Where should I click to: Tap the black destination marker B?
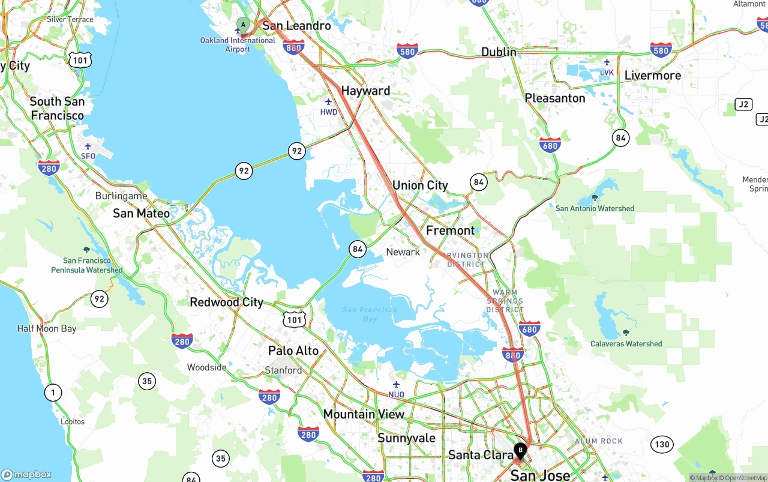[x=520, y=450]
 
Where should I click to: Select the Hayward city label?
[x=365, y=91]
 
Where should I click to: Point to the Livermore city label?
[x=652, y=76]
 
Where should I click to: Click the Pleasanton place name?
[x=554, y=98]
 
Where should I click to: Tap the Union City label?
[x=420, y=185]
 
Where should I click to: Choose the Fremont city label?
[x=450, y=230]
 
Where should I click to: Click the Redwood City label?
[x=226, y=302]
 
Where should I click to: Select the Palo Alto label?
[x=293, y=351]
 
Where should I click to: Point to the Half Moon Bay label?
[x=47, y=328]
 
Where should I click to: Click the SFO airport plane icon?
[x=88, y=146]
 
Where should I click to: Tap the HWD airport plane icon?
[x=328, y=102]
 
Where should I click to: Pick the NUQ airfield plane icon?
[x=396, y=384]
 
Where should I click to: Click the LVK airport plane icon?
[x=607, y=62]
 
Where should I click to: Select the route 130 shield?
[x=662, y=445]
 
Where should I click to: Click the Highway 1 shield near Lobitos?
[x=53, y=393]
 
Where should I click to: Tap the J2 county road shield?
[x=743, y=104]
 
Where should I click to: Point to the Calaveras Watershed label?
[x=626, y=344]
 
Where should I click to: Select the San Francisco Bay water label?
[x=370, y=314]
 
